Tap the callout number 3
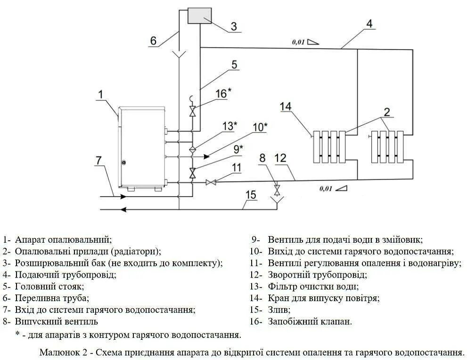pos(234,26)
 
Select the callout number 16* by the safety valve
pos(223,93)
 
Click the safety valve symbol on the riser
pos(192,112)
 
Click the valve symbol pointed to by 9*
pos(192,172)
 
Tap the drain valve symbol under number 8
pos(277,190)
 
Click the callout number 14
pos(286,107)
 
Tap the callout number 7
pos(98,160)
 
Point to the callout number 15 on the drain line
pos(250,195)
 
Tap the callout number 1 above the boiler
pos(100,95)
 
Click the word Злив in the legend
pos(279,310)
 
